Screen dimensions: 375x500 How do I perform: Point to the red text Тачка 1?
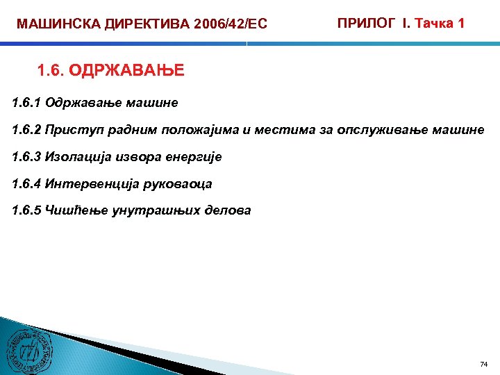click(x=439, y=24)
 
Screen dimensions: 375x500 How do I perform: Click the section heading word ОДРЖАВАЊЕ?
click(x=127, y=70)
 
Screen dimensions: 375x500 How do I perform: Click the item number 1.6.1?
click(x=27, y=103)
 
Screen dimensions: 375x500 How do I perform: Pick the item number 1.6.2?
click(x=27, y=130)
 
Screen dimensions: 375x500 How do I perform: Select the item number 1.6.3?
click(x=27, y=157)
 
